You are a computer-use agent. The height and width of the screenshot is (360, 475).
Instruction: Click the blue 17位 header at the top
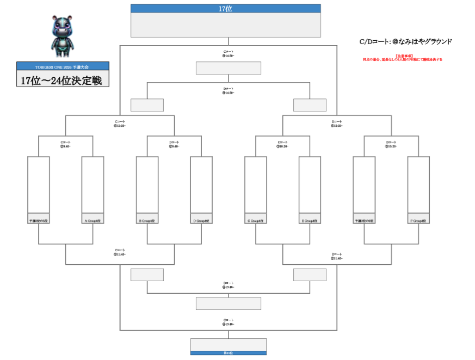(x=225, y=9)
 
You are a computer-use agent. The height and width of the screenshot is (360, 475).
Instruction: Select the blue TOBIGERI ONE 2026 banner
(x=63, y=66)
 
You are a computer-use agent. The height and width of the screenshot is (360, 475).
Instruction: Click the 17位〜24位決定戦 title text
(x=63, y=79)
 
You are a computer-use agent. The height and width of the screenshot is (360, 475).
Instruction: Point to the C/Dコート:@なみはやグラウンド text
(x=405, y=41)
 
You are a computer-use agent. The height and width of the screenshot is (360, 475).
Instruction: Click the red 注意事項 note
(x=403, y=58)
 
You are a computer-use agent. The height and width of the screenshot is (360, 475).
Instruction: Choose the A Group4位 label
(x=92, y=221)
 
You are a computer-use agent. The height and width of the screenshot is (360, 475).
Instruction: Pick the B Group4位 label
(x=147, y=221)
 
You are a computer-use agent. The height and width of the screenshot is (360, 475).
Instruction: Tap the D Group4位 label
(x=201, y=221)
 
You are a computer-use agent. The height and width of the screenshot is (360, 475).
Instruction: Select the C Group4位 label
(x=256, y=221)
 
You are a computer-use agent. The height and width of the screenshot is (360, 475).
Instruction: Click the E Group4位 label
(x=310, y=221)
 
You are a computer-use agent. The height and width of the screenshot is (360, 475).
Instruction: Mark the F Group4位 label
(x=418, y=221)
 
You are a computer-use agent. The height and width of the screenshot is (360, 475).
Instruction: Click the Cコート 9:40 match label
(x=65, y=144)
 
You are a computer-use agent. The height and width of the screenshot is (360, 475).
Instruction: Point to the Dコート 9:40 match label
(x=174, y=144)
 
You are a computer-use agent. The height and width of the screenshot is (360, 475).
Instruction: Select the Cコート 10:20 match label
(x=282, y=144)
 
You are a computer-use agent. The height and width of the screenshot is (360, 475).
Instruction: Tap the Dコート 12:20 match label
(x=337, y=123)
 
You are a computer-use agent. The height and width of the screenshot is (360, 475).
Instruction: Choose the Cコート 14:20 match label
(x=228, y=53)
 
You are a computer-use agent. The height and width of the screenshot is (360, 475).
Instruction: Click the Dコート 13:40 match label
(x=228, y=285)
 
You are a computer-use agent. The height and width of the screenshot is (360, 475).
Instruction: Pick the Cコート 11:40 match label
(x=120, y=252)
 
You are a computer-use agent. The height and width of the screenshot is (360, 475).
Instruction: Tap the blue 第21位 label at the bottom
(x=228, y=353)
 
